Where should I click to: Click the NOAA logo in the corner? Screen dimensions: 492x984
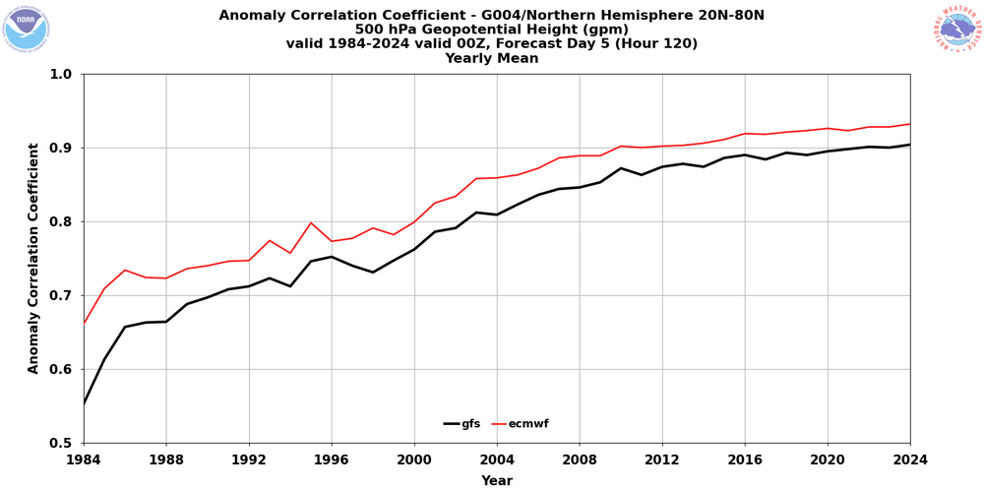pos(26,28)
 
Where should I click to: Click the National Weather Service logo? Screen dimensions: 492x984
pos(957,29)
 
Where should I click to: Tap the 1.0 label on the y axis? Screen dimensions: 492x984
pos(60,74)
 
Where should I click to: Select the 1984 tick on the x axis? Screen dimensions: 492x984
pos(84,459)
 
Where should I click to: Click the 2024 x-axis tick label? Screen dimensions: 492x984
pos(909,459)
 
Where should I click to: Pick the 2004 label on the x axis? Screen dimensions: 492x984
pos(497,459)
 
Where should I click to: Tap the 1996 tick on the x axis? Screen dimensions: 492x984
pos(332,459)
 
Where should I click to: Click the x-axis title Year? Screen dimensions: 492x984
pos(497,481)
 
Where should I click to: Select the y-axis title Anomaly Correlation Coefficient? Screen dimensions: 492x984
pos(34,258)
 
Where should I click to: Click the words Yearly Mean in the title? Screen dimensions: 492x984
pos(491,59)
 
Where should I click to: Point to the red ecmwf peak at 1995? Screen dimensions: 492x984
pos(311,222)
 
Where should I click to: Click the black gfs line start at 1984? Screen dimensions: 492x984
pos(85,402)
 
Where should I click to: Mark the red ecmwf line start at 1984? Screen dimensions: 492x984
pos(85,322)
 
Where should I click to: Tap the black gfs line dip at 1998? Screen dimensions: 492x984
pos(373,272)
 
